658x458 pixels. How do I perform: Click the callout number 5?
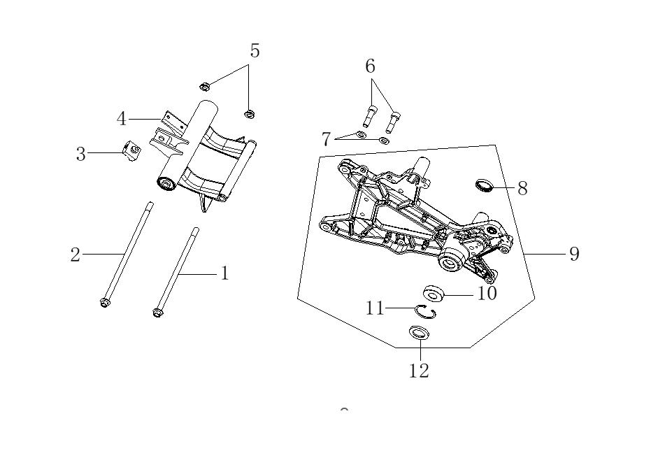pyautogui.click(x=255, y=51)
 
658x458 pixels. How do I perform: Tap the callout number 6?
pyautogui.click(x=370, y=66)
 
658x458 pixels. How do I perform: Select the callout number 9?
pyautogui.click(x=575, y=254)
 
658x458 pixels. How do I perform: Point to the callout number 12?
pyautogui.click(x=419, y=371)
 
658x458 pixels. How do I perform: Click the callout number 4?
pyautogui.click(x=121, y=119)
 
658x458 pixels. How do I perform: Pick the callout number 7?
pyautogui.click(x=326, y=139)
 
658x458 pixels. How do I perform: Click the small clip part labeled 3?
pyautogui.click(x=131, y=151)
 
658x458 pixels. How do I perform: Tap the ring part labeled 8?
pyautogui.click(x=484, y=185)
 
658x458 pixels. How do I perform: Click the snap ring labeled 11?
pyautogui.click(x=424, y=311)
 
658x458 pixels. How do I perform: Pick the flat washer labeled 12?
pyautogui.click(x=420, y=332)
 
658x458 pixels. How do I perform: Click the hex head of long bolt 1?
pyautogui.click(x=157, y=313)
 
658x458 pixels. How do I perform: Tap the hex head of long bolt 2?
pyautogui.click(x=104, y=302)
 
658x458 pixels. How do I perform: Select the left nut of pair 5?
pyautogui.click(x=204, y=87)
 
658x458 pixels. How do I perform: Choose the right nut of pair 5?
pyautogui.click(x=250, y=114)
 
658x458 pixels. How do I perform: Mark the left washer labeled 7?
pyautogui.click(x=361, y=134)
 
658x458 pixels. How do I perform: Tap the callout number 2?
pyautogui.click(x=75, y=255)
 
